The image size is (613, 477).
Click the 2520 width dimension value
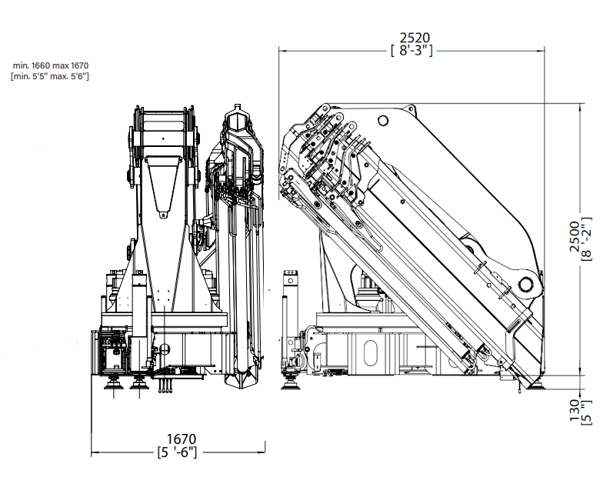pos(415,38)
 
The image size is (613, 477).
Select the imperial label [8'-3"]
pos(411,51)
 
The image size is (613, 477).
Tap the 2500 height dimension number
pos(575,236)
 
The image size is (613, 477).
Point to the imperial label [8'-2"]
pos(587,239)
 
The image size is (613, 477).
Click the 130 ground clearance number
pos(575,410)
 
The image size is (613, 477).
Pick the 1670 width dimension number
pos(182,439)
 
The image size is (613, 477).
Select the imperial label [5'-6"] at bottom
pos(177,452)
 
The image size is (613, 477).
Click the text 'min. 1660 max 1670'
pos(51,65)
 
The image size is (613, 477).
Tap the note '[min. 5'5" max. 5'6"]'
pos(50,76)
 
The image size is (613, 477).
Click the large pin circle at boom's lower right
pos(527,283)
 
